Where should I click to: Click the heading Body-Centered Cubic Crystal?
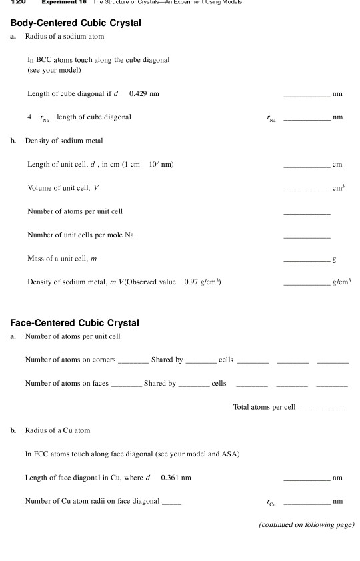(x=76, y=23)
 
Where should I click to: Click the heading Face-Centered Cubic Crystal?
(x=75, y=323)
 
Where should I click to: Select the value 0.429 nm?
(x=143, y=93)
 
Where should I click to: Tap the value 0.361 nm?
(x=175, y=477)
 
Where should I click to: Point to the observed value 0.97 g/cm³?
(x=202, y=282)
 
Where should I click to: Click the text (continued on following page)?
(x=306, y=524)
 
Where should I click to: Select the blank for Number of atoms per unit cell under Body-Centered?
(x=307, y=214)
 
